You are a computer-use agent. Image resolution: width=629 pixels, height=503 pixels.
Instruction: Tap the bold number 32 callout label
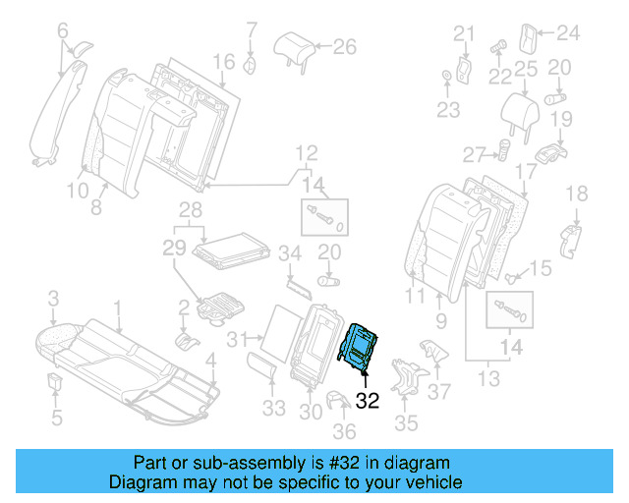[367, 400]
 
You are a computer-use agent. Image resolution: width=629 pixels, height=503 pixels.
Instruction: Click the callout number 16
[224, 62]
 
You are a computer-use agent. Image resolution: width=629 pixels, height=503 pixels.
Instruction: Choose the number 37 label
[441, 391]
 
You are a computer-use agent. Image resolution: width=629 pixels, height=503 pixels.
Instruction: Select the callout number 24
[569, 32]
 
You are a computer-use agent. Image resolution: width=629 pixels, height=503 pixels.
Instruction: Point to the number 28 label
[190, 208]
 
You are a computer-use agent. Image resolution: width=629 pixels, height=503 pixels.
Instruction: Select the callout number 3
[54, 297]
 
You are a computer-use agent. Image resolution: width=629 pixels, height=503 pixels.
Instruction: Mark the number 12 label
[308, 152]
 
